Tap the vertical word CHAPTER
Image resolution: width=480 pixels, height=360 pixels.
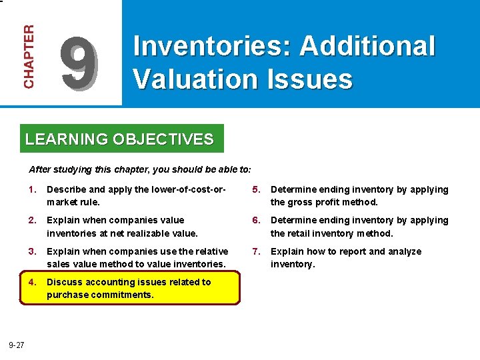pos(29,57)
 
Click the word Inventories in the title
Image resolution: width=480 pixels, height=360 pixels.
pos(213,47)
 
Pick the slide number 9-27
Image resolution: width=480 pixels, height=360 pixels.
pos(17,345)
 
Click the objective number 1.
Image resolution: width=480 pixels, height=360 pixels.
pos(32,189)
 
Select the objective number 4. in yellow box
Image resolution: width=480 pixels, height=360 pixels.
pos(32,281)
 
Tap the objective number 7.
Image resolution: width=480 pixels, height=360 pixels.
pos(256,251)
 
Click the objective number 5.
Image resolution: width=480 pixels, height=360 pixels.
pos(256,189)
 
